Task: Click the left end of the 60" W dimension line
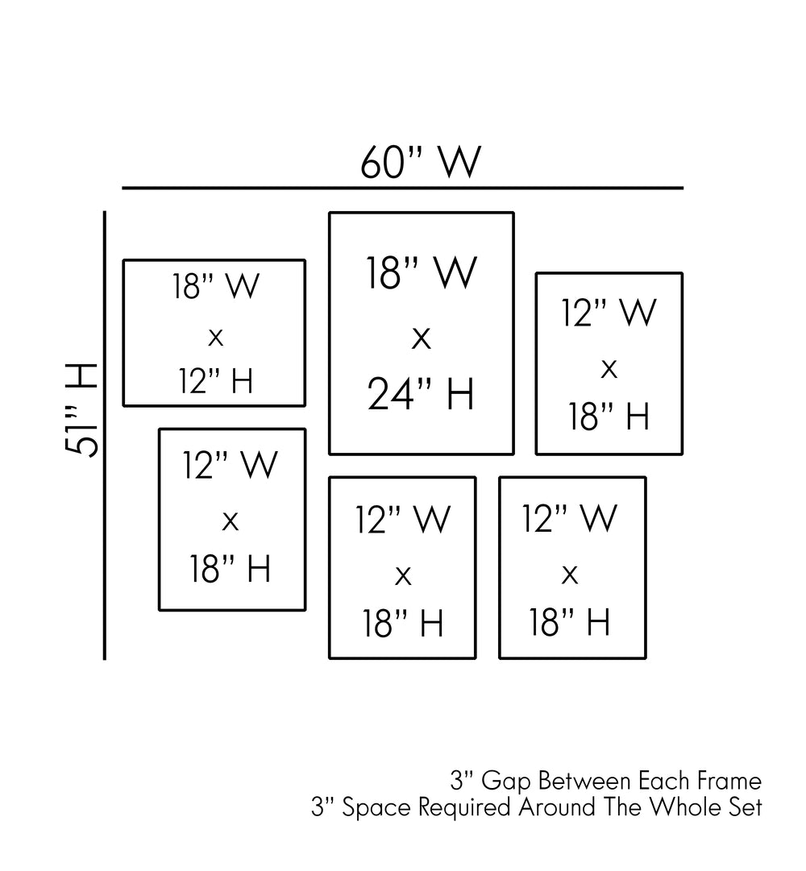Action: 123,189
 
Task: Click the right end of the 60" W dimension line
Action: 683,189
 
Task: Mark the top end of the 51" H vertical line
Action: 105,212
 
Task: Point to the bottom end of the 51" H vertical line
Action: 105,659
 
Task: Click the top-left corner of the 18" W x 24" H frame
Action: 330,213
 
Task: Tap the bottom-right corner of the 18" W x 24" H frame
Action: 513,454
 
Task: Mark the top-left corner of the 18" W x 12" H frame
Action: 124,260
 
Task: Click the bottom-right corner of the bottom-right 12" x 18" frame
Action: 646,657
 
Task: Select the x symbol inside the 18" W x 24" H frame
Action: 421,338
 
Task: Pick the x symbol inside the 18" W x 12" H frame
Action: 215,337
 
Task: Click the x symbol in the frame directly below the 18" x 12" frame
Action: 230,521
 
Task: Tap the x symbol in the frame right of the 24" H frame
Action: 609,369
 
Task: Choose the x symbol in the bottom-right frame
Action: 569,575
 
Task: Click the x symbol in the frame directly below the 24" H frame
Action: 403,576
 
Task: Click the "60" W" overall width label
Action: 421,162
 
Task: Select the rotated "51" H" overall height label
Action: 81,410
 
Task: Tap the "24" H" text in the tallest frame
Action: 421,394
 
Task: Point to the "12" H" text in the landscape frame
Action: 215,381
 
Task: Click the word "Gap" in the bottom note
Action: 507,782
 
